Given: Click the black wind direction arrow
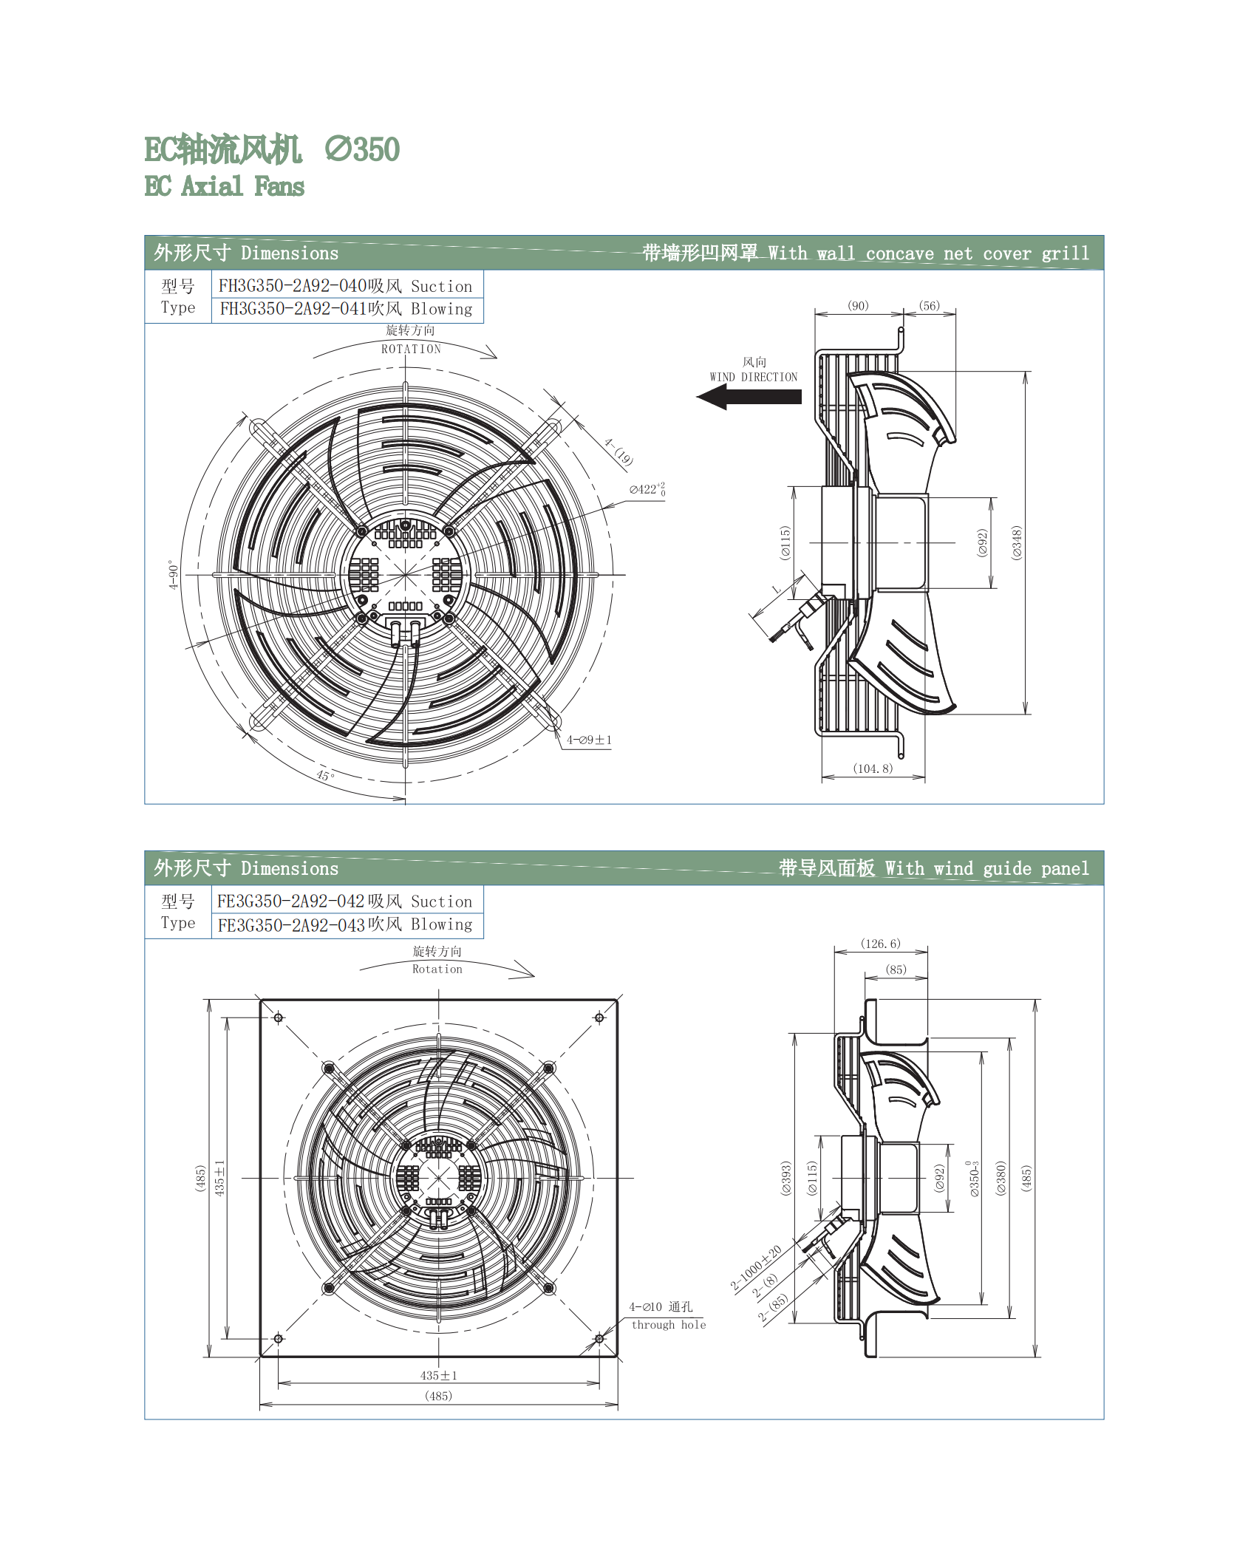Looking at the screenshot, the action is (x=749, y=397).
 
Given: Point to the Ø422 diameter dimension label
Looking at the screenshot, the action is (x=647, y=489).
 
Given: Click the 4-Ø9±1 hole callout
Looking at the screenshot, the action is (x=589, y=740).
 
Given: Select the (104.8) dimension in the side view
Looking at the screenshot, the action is (x=873, y=768).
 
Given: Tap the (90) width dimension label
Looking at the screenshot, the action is (x=858, y=306).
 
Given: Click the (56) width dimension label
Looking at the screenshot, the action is (x=930, y=306).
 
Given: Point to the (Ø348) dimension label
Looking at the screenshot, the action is (x=1017, y=543).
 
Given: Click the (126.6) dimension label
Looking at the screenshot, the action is (x=881, y=944).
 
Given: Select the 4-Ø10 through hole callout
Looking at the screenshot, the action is (x=667, y=1315).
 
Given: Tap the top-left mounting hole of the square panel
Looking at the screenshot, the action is (x=279, y=1018).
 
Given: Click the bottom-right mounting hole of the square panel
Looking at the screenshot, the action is (x=599, y=1339).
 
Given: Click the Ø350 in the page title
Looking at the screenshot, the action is (x=362, y=149).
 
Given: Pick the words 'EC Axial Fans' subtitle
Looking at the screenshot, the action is (x=224, y=186).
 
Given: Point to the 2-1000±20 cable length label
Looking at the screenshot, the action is (x=756, y=1268).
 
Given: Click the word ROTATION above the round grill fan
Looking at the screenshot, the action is (x=411, y=350).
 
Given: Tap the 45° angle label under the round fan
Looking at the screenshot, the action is (x=325, y=775).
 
